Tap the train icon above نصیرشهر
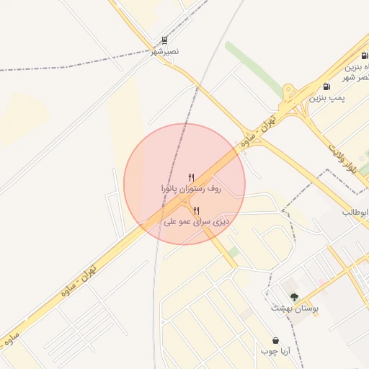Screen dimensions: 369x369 [x=165, y=40]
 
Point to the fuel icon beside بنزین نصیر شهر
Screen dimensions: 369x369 [x=363, y=55]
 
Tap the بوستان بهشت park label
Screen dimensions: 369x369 [x=295, y=308]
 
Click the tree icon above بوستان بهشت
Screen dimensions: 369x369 [x=294, y=297]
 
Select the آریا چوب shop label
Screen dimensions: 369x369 [x=275, y=351]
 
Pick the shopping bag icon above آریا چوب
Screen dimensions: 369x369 [x=275, y=340]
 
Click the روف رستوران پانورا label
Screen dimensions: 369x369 [x=191, y=188]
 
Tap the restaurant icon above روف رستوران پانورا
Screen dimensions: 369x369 [x=191, y=177]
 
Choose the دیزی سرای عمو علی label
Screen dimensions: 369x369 [x=197, y=222]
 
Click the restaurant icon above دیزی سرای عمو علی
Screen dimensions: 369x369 [x=197, y=210]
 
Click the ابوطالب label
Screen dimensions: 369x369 [x=356, y=212]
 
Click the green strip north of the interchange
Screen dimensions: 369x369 [x=252, y=66]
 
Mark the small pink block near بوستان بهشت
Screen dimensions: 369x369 [x=289, y=287]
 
